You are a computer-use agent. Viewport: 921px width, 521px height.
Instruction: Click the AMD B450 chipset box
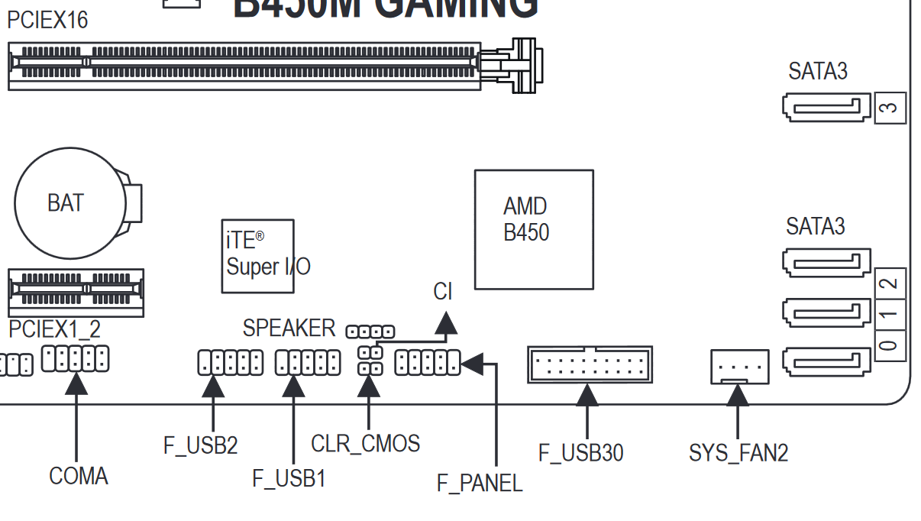(534, 229)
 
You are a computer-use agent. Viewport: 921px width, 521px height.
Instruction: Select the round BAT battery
(70, 203)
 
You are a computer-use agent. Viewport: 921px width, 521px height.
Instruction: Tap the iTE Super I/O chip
(257, 256)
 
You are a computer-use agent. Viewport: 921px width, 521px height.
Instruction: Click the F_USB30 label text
(580, 452)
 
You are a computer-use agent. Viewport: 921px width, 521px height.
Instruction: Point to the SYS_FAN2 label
(738, 452)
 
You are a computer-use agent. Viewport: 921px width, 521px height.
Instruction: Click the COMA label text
(79, 476)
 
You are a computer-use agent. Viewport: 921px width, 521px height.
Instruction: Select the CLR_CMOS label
(365, 443)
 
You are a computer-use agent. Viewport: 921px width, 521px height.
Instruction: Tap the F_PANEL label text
(480, 483)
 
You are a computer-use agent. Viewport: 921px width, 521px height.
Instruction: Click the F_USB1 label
(289, 479)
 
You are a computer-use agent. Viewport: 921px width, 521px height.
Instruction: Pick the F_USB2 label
(201, 445)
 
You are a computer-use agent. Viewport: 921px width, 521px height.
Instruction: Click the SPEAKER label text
(289, 328)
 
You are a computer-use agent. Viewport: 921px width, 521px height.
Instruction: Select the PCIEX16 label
(47, 20)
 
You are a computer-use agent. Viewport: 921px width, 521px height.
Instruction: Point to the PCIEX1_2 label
(54, 329)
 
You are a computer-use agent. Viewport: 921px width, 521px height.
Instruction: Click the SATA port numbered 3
(826, 107)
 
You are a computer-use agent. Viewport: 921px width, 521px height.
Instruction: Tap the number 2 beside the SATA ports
(889, 284)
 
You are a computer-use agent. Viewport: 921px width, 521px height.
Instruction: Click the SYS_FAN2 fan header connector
(739, 367)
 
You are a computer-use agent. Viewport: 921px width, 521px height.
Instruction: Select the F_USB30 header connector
(590, 364)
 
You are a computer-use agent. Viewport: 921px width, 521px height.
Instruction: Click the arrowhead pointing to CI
(445, 324)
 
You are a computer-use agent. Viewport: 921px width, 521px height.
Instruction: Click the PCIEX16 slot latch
(524, 66)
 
